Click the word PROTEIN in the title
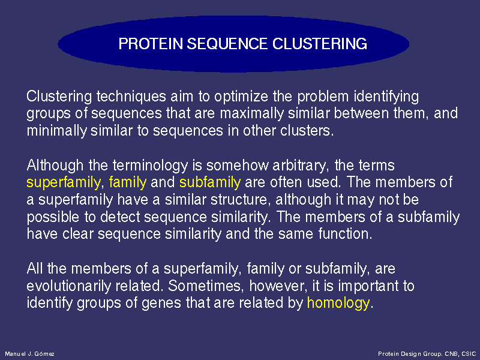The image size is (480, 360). [x=151, y=44]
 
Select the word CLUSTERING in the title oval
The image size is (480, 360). [x=320, y=44]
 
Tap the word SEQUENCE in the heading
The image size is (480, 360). [x=227, y=44]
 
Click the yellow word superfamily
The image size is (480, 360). [x=64, y=183]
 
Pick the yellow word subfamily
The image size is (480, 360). [x=210, y=182]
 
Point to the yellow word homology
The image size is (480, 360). [x=338, y=303]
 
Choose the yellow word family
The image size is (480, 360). [x=128, y=183]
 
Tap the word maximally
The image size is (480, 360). [x=252, y=113]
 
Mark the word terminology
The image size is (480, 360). [x=151, y=166]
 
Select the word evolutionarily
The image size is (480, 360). [x=68, y=286]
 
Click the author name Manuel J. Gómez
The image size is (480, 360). [x=29, y=354]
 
